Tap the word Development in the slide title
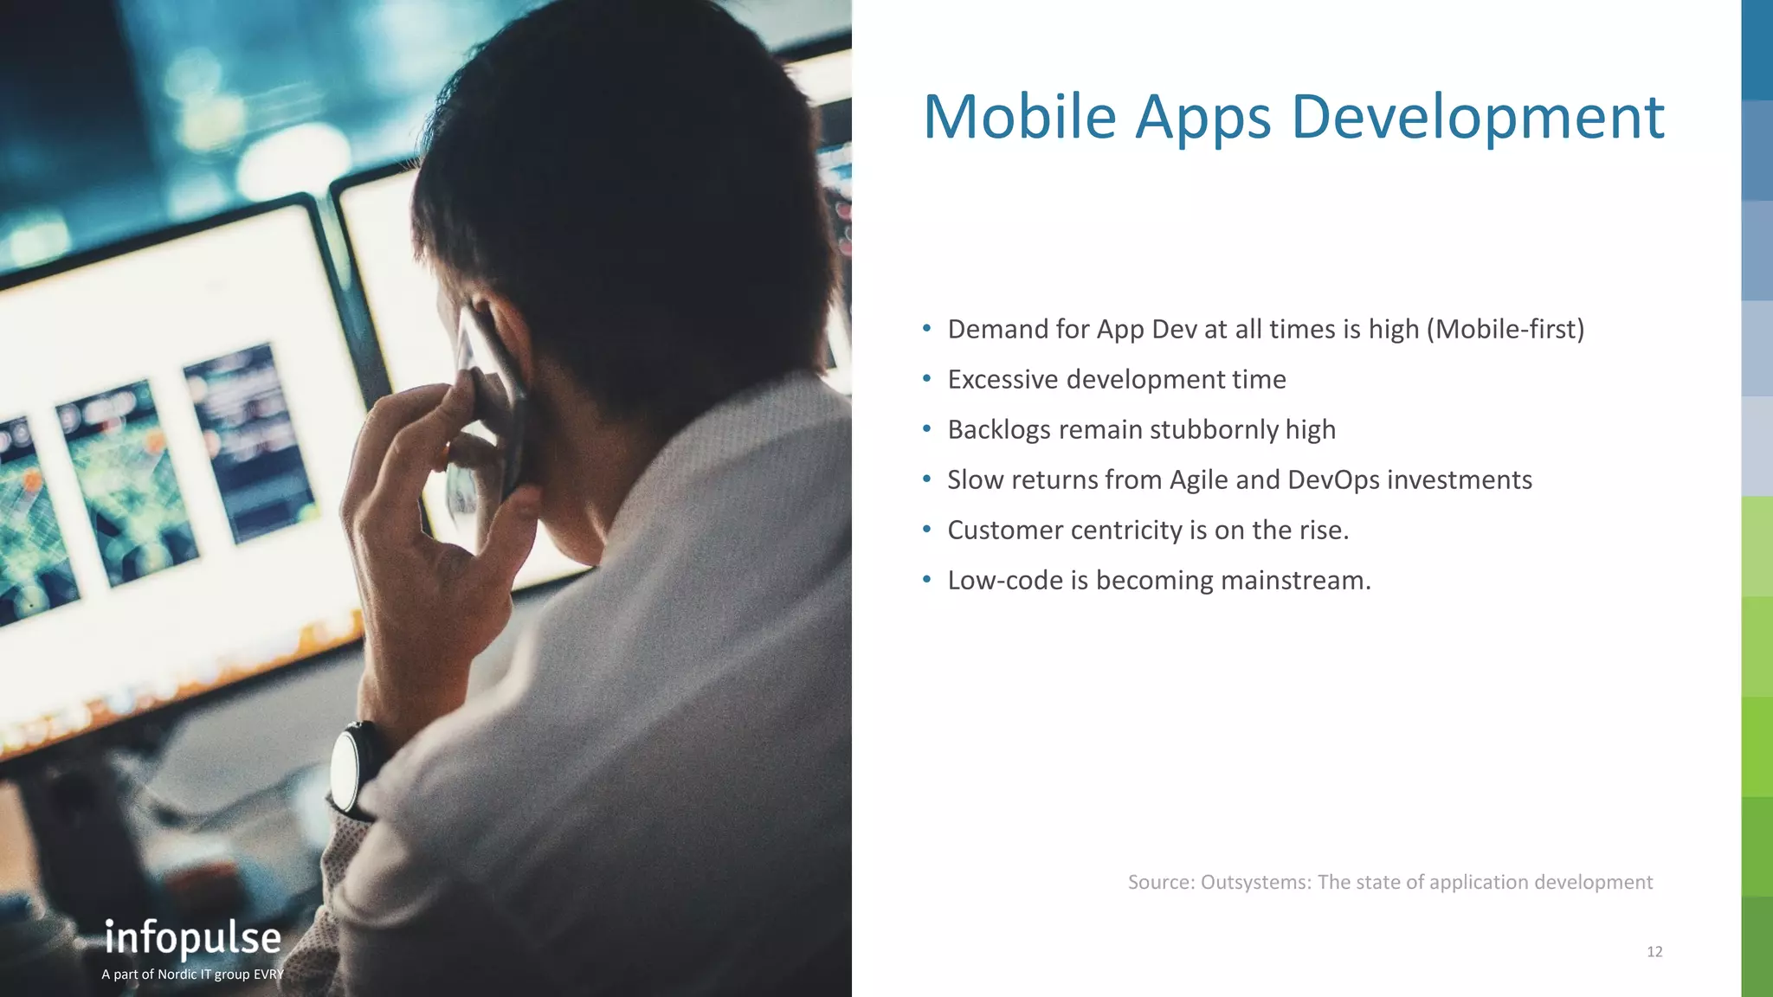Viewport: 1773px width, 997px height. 1477,118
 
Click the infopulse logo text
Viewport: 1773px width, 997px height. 193,939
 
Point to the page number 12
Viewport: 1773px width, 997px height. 1654,952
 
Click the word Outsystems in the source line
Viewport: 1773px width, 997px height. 1255,882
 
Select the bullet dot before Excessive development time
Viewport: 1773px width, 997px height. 927,378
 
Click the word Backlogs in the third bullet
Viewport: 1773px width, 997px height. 999,430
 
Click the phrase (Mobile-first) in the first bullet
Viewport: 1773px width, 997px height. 1505,330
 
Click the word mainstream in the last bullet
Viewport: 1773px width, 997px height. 1295,580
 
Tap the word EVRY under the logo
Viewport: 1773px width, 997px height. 269,974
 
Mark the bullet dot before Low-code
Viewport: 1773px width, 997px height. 927,579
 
